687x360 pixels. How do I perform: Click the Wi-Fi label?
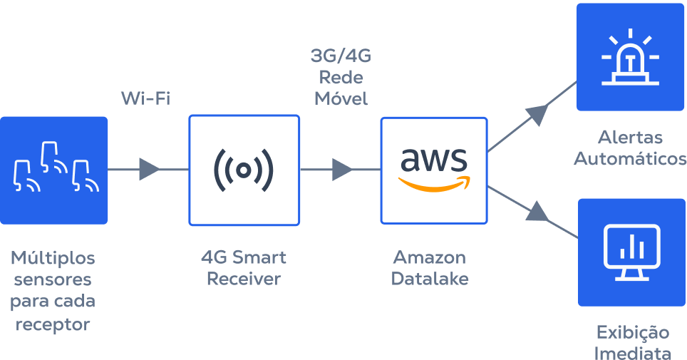tap(145, 98)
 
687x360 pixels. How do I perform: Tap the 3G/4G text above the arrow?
tap(341, 56)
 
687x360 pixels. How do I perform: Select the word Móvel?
tap(341, 99)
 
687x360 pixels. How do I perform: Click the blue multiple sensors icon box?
tap(54, 170)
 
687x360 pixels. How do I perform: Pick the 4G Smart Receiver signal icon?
tap(244, 170)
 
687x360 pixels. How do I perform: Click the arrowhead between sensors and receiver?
tap(149, 170)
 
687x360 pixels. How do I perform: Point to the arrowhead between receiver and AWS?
tap(342, 170)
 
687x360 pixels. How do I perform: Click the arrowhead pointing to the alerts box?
tap(537, 112)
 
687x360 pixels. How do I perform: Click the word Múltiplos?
tap(53, 257)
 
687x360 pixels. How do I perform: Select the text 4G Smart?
tap(244, 257)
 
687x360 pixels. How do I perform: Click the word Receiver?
tap(244, 279)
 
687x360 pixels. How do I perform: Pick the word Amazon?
tap(430, 257)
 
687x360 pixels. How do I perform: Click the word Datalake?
tap(430, 279)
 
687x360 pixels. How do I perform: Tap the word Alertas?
tap(630, 137)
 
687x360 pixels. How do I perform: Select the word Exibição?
tap(632, 332)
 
